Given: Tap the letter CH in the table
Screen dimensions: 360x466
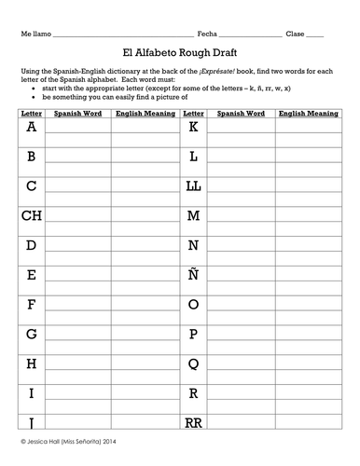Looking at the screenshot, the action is click(32, 215).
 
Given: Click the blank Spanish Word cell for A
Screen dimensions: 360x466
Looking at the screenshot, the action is click(78, 128).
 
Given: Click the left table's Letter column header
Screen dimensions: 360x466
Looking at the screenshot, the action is click(32, 112).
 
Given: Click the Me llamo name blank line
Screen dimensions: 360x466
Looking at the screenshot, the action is click(121, 34).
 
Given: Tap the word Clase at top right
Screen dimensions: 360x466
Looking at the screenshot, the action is click(296, 33).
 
